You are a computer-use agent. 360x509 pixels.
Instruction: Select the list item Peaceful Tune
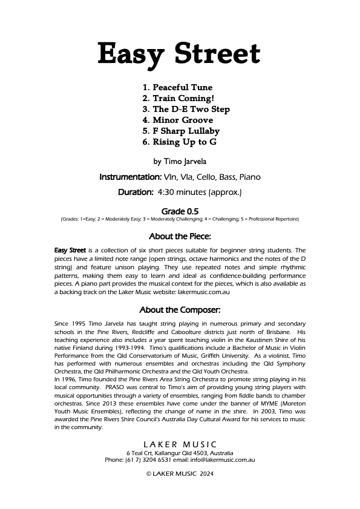(177, 87)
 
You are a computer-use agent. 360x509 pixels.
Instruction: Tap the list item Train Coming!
(178, 98)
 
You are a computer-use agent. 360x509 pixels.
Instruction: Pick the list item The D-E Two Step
(186, 109)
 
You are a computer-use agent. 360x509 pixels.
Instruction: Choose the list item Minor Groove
(178, 120)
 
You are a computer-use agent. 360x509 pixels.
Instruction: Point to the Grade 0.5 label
(180, 211)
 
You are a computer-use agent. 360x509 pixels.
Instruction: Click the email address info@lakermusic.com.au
(220, 460)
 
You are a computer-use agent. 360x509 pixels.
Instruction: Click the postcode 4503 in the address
(194, 453)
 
